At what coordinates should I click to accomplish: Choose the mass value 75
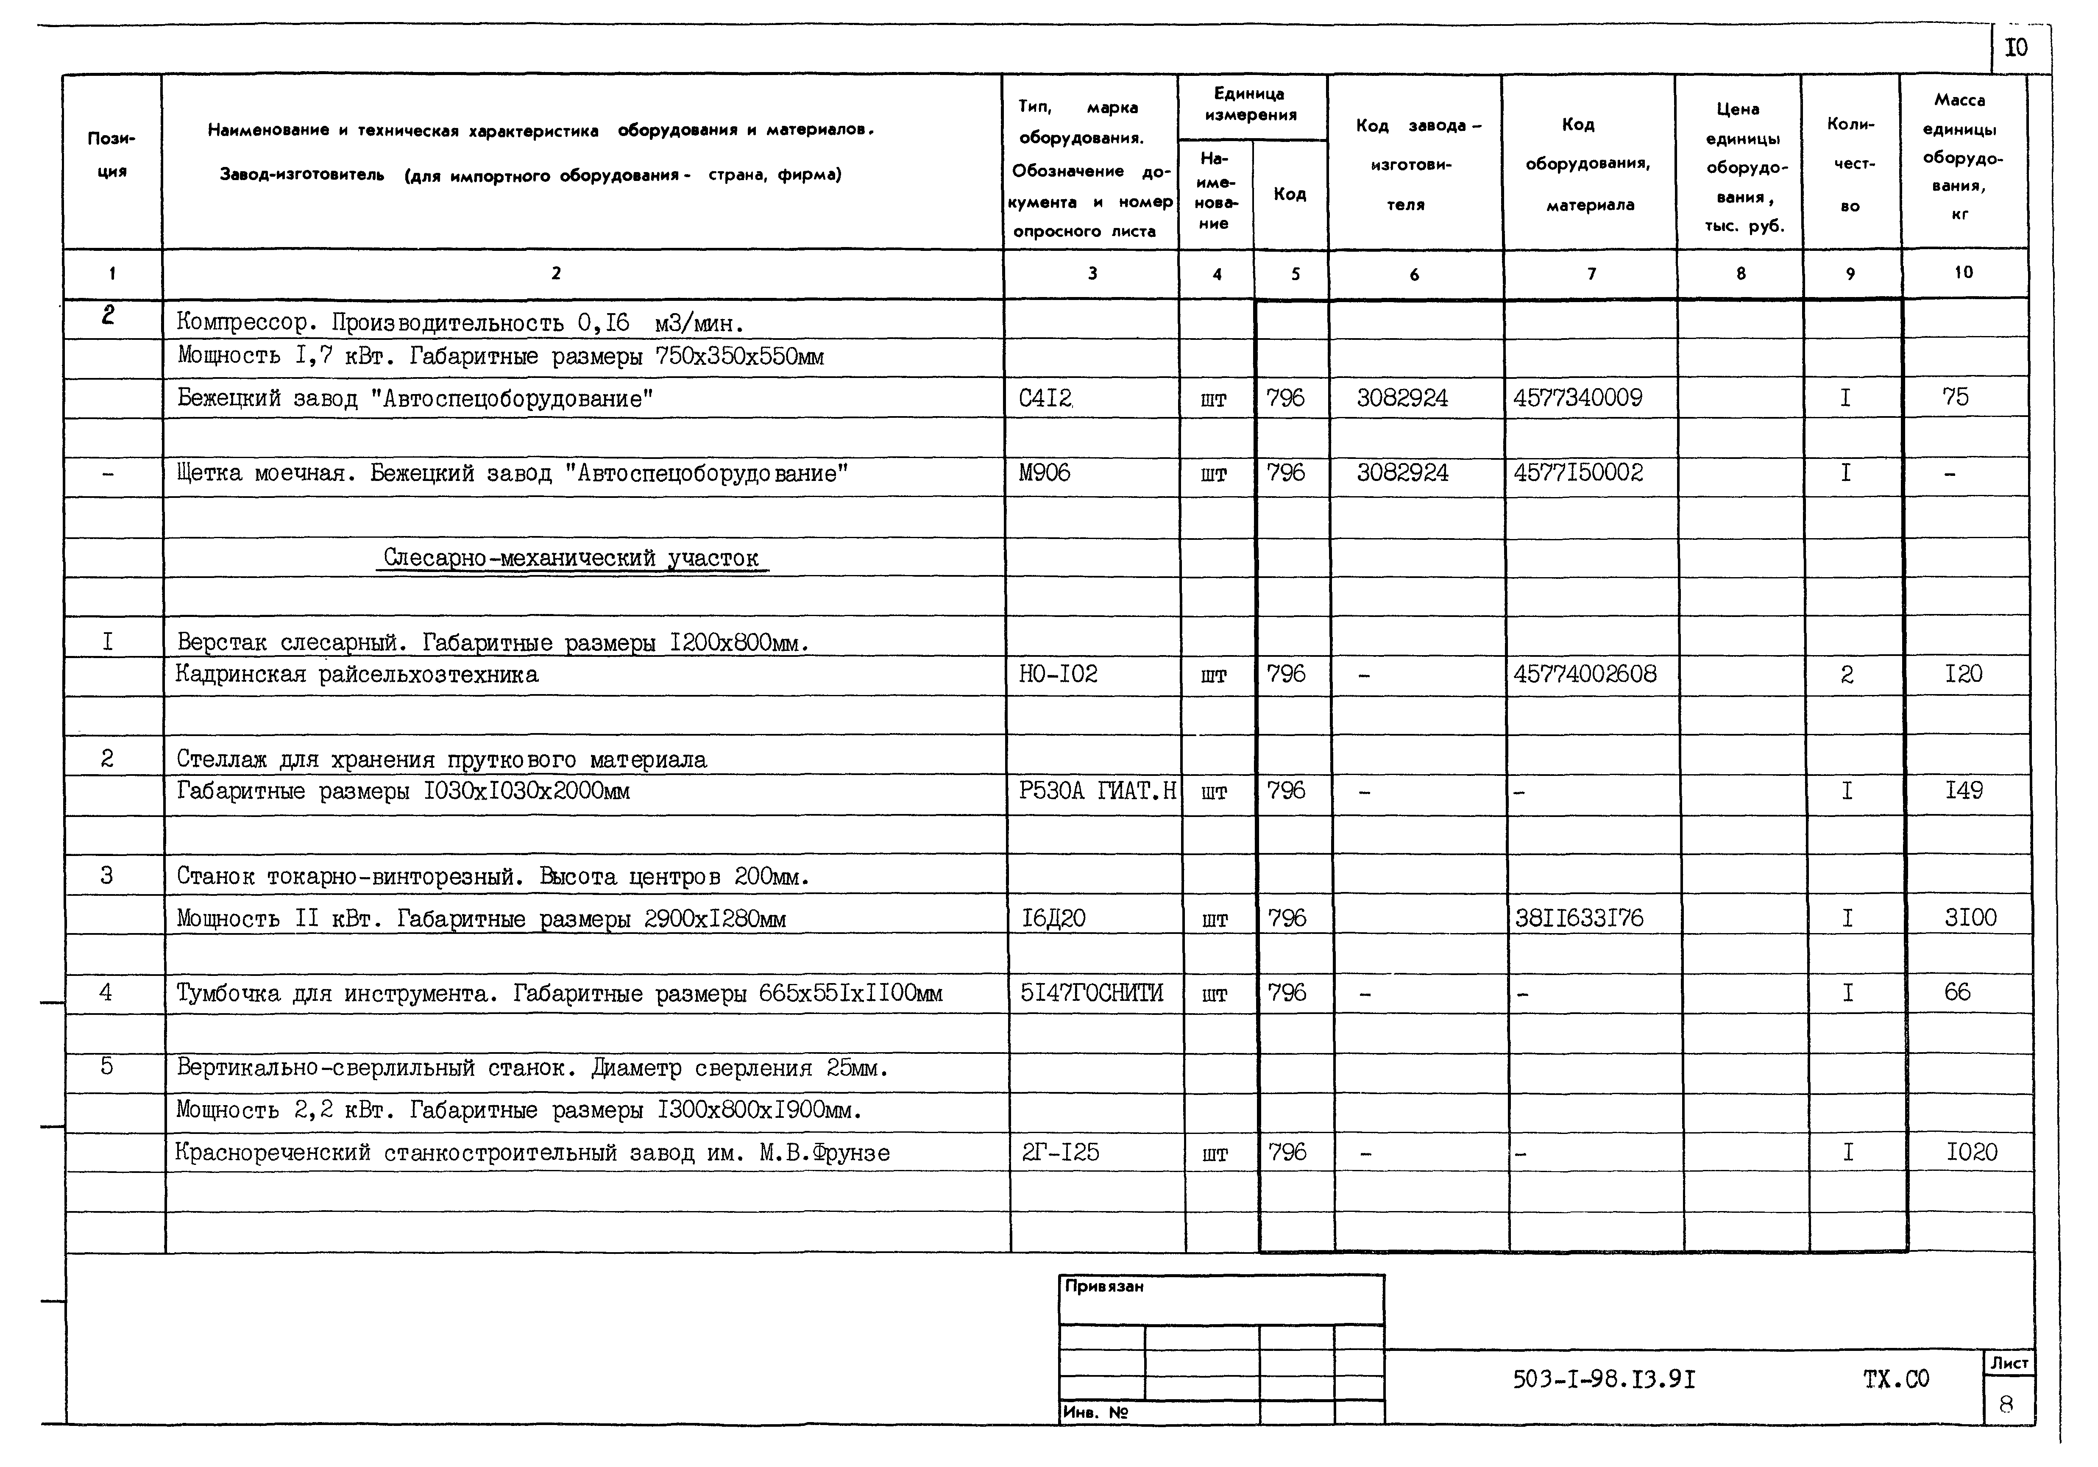pyautogui.click(x=1956, y=397)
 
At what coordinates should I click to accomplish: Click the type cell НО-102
pyautogui.click(x=1058, y=674)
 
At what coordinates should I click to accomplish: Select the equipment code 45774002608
pyautogui.click(x=1585, y=674)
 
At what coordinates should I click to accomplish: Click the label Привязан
pyautogui.click(x=1104, y=1286)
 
